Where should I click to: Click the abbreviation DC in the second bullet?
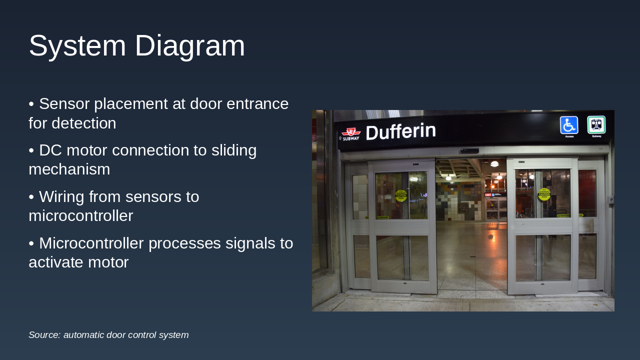pyautogui.click(x=50, y=150)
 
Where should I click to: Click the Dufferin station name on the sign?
pyautogui.click(x=400, y=132)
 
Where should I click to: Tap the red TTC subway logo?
pyautogui.click(x=351, y=133)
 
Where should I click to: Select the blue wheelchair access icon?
pyautogui.click(x=569, y=125)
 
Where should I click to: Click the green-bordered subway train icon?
pyautogui.click(x=596, y=125)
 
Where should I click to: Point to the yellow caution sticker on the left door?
pyautogui.click(x=401, y=195)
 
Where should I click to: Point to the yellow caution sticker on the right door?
pyautogui.click(x=544, y=194)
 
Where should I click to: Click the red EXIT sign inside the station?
pyautogui.click(x=488, y=194)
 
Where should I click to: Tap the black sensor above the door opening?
pyautogui.click(x=469, y=150)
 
